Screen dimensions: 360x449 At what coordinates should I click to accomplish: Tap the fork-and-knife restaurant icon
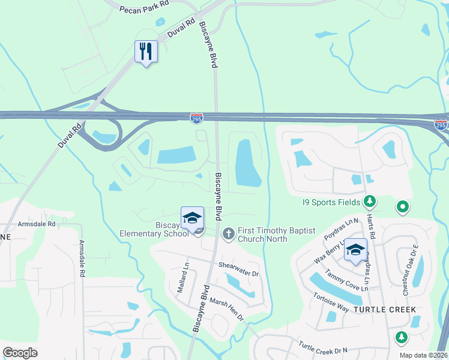tap(146, 52)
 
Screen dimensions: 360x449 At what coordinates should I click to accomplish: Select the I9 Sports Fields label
tap(331, 202)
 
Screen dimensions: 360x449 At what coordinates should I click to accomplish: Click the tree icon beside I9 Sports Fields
tap(371, 201)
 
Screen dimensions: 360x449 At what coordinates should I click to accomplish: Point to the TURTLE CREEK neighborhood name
tap(384, 309)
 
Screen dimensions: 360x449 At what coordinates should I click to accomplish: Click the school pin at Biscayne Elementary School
tap(193, 218)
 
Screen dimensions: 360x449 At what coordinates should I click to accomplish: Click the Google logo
tap(20, 353)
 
